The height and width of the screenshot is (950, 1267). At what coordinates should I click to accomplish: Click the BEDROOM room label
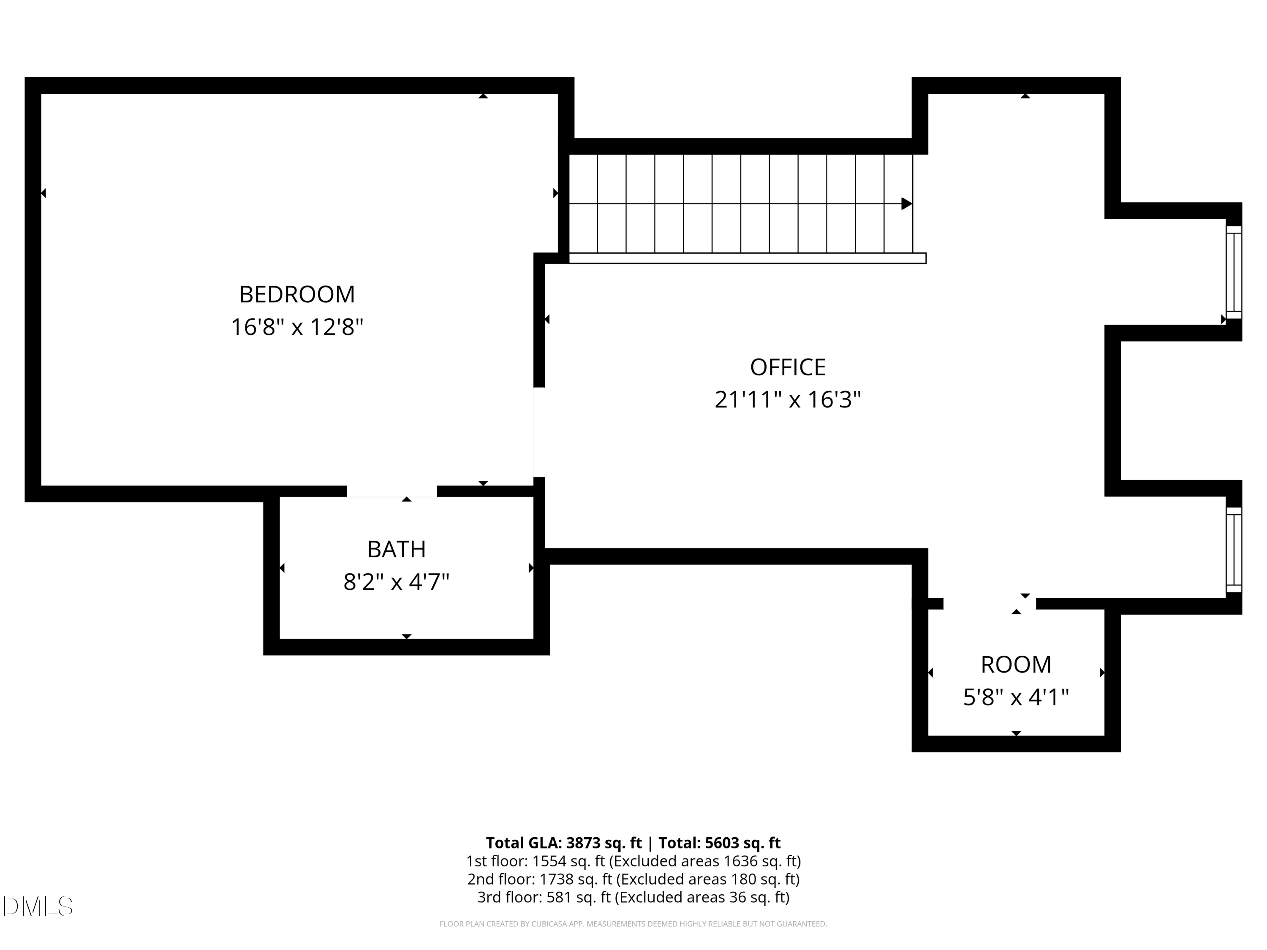coord(297,294)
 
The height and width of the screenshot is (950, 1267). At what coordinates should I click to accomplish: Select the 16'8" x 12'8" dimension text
coord(297,328)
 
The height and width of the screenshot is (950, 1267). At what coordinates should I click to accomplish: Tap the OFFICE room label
coord(788,367)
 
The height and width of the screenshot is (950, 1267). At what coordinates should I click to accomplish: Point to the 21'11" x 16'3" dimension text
coord(788,400)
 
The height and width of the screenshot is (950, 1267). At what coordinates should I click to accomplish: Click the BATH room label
coord(397,549)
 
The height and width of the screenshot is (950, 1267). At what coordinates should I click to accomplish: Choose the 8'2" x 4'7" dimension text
coord(397,582)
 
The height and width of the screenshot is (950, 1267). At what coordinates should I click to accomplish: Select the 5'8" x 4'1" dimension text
coord(1016,698)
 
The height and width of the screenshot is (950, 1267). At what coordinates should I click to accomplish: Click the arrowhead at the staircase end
coord(906,203)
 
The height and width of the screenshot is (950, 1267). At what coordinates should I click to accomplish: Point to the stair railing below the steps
coord(747,258)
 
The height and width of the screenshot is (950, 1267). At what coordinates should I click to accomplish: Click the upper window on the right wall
coord(1233,272)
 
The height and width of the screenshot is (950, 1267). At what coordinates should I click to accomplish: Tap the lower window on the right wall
coord(1233,550)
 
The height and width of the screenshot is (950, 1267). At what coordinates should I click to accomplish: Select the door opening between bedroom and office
coord(538,432)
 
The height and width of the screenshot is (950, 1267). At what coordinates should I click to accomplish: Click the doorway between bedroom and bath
coord(392,491)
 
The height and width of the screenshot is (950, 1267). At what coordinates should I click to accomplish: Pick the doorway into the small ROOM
coord(989,603)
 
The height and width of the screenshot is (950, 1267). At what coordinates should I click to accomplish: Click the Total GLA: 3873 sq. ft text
coord(564,843)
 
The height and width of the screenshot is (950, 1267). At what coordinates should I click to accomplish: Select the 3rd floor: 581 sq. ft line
coord(633,897)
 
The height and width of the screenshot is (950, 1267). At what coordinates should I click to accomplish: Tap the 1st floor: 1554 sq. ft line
coord(633,861)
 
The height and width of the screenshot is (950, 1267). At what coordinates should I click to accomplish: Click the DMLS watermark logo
coord(38,907)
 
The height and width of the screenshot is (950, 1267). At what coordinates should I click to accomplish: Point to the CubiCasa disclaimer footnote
coord(633,924)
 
